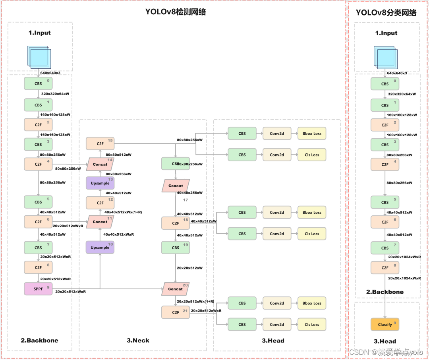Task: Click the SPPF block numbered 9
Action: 38,288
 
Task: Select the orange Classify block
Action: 385,324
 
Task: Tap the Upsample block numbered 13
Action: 100,183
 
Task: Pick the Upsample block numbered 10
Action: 100,247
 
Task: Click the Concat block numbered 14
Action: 100,164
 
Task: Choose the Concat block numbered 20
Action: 175,288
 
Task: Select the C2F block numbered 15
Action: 100,143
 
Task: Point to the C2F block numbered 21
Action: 176,312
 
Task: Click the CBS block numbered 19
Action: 176,248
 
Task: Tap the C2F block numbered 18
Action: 176,223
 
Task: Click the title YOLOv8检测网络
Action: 176,12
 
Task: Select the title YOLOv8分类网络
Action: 386,13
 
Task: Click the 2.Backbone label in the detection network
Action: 39,340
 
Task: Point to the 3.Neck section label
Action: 138,340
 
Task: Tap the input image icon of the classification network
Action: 385,56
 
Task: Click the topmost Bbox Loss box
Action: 312,134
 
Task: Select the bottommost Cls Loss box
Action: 312,324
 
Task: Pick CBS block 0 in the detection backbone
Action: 38,83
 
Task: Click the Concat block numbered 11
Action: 100,221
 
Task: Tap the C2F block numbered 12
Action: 100,203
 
